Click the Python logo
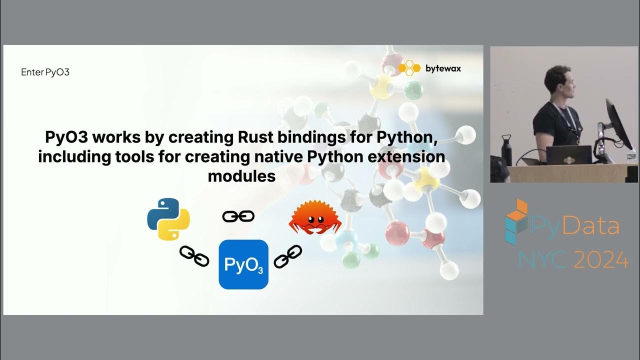pyautogui.click(x=168, y=219)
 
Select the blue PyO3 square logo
pyautogui.click(x=243, y=264)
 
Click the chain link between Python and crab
pyautogui.click(x=238, y=216)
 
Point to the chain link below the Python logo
pyautogui.click(x=194, y=256)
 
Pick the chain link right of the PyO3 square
pyautogui.click(x=288, y=256)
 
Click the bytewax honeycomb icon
pyautogui.click(x=409, y=68)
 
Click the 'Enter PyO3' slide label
pyautogui.click(x=45, y=72)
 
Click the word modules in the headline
pyautogui.click(x=241, y=176)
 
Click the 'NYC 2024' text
pyautogui.click(x=573, y=259)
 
